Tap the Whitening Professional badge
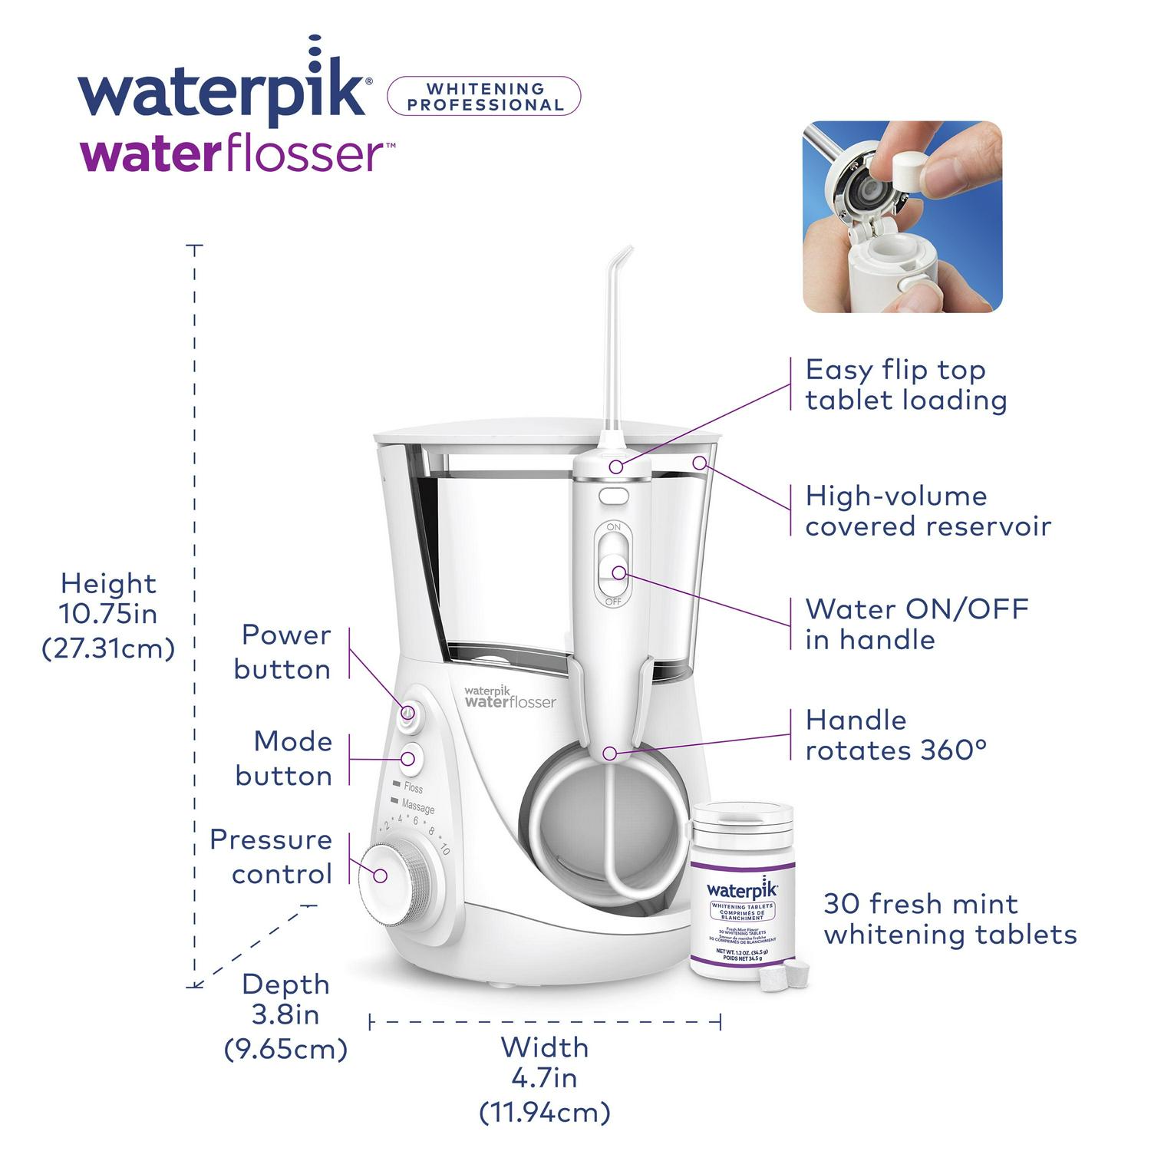tap(484, 97)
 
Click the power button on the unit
tap(407, 713)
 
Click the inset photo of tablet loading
tap(902, 216)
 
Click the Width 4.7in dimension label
tap(544, 1078)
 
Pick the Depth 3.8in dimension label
tap(285, 1015)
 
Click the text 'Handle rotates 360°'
tap(895, 735)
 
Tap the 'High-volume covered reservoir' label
tap(927, 511)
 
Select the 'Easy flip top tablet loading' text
tap(905, 385)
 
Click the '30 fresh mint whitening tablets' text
tap(949, 918)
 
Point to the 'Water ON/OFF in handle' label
tap(916, 624)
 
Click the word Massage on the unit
tap(418, 806)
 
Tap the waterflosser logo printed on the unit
tap(510, 697)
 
